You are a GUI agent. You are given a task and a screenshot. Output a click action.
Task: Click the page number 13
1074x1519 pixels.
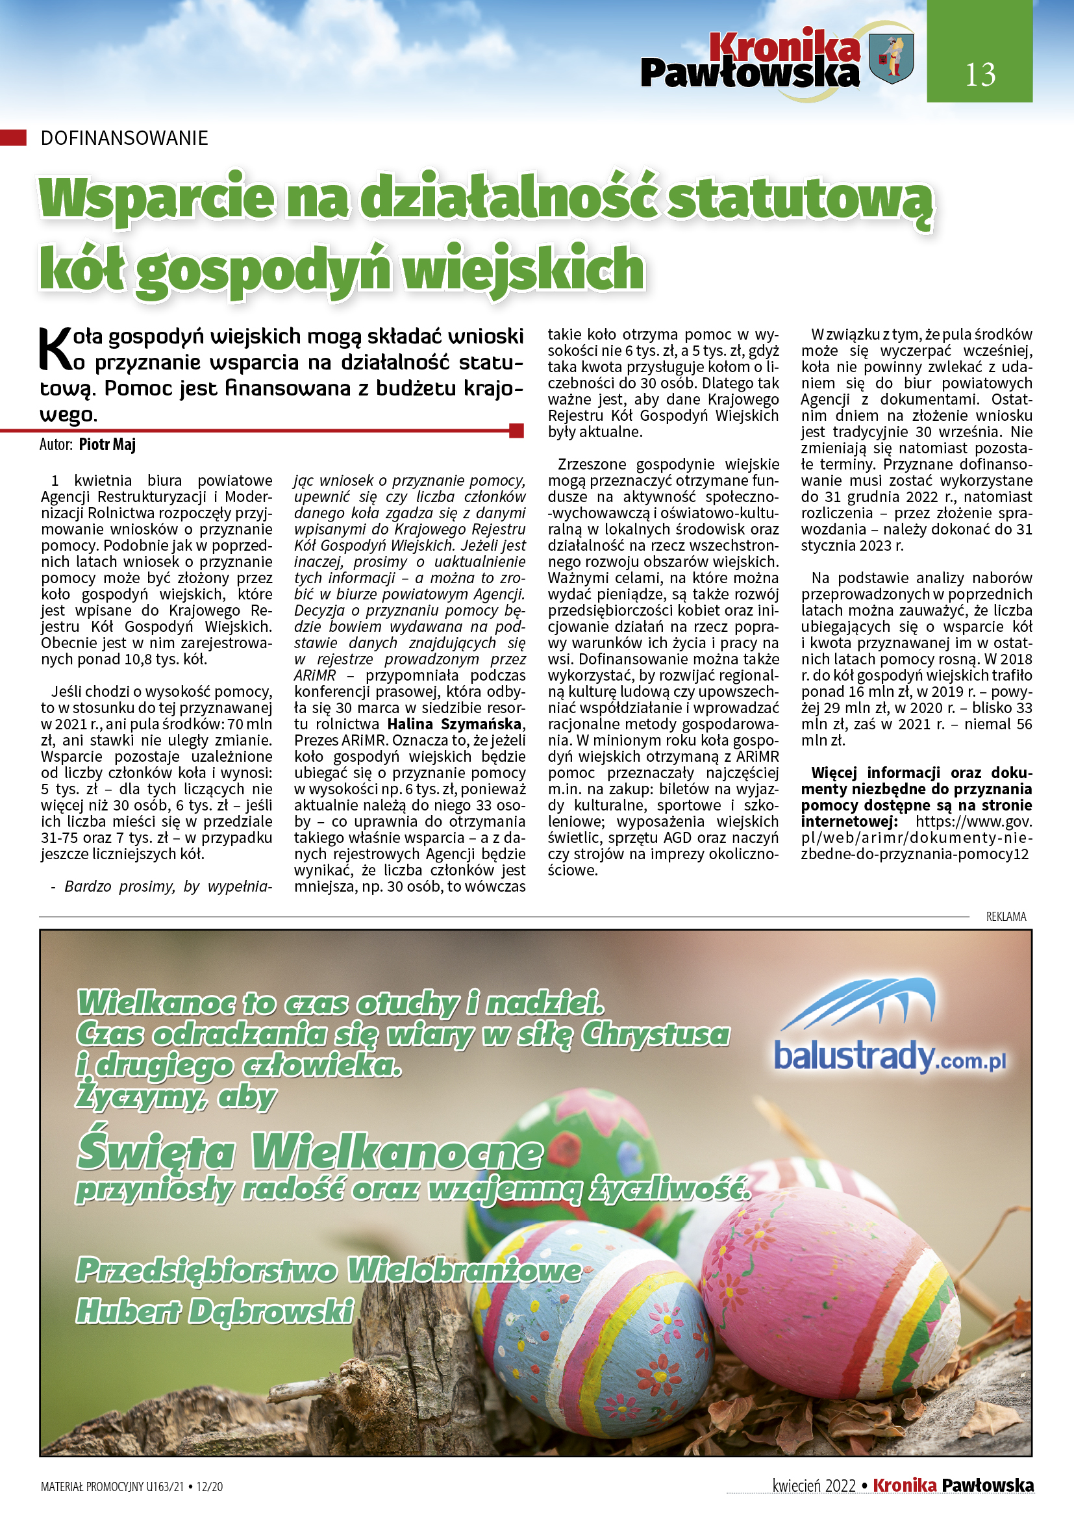point(979,74)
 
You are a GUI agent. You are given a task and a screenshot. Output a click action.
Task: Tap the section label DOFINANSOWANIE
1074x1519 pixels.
point(124,138)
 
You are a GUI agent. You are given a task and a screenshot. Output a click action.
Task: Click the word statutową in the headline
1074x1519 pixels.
point(800,199)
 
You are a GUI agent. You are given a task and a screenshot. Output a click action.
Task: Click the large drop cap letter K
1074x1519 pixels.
point(55,349)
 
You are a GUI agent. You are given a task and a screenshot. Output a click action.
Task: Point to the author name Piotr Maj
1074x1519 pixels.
point(107,444)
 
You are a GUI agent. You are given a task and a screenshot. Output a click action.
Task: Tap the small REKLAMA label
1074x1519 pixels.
point(1006,916)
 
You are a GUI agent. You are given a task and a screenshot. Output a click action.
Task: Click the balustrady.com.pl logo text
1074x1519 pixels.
point(889,1056)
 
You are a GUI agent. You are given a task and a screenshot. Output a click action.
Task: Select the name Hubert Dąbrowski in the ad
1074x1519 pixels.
point(215,1311)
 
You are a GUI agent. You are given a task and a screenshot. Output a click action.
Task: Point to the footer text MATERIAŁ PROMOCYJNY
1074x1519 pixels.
point(93,1487)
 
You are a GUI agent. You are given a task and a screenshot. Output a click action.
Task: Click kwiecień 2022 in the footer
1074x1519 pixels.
point(814,1486)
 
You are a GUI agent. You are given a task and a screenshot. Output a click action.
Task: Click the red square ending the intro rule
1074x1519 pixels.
point(516,431)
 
